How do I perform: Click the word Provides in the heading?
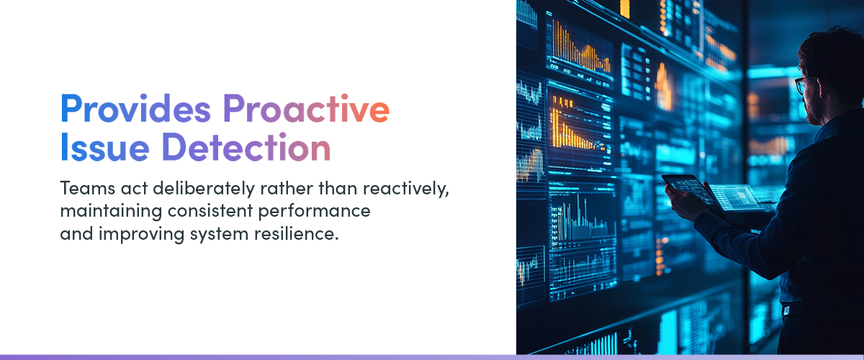[136, 110]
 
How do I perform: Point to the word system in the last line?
[201, 235]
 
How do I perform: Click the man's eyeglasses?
[804, 84]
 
